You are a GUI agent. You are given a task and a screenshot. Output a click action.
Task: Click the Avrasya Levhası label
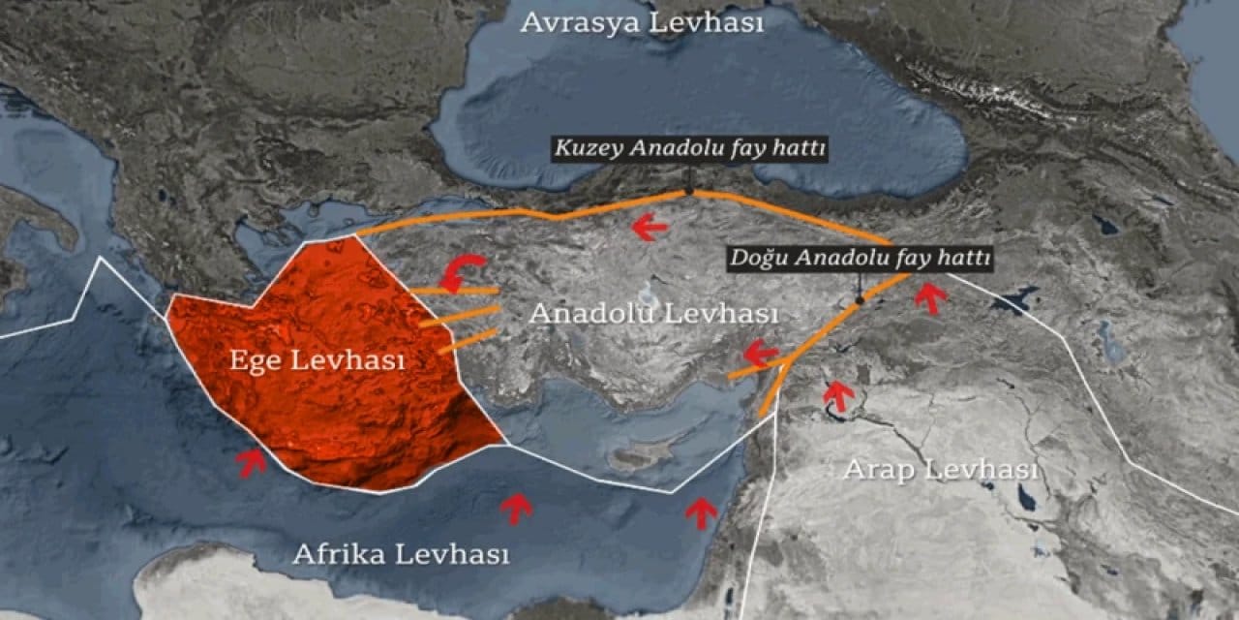coord(642,24)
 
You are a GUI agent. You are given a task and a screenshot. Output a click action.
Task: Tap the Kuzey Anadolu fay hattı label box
coord(690,149)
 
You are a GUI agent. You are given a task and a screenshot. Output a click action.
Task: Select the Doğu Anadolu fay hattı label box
coord(860,259)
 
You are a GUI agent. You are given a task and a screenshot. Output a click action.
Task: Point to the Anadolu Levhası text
coord(653,314)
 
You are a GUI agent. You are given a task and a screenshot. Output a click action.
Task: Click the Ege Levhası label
coord(317,360)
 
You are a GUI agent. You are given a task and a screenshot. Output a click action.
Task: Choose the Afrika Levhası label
coord(401,554)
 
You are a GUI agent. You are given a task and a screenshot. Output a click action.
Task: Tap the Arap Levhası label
coord(940,470)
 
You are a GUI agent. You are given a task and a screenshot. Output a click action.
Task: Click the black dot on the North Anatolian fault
coord(689,191)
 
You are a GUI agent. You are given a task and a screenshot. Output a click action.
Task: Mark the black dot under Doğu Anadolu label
coord(859,301)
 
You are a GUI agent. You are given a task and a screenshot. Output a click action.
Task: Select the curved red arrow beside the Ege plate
coord(463,272)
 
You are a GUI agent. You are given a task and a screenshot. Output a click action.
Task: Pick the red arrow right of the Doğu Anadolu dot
coord(930,298)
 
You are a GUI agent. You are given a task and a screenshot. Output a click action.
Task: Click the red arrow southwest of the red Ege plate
coord(252,463)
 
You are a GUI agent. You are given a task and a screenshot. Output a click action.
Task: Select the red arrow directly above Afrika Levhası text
coord(516,508)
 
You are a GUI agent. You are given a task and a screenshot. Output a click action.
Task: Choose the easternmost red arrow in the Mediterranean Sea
coord(702,512)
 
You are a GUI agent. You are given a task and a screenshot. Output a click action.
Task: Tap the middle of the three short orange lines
coord(460,316)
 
